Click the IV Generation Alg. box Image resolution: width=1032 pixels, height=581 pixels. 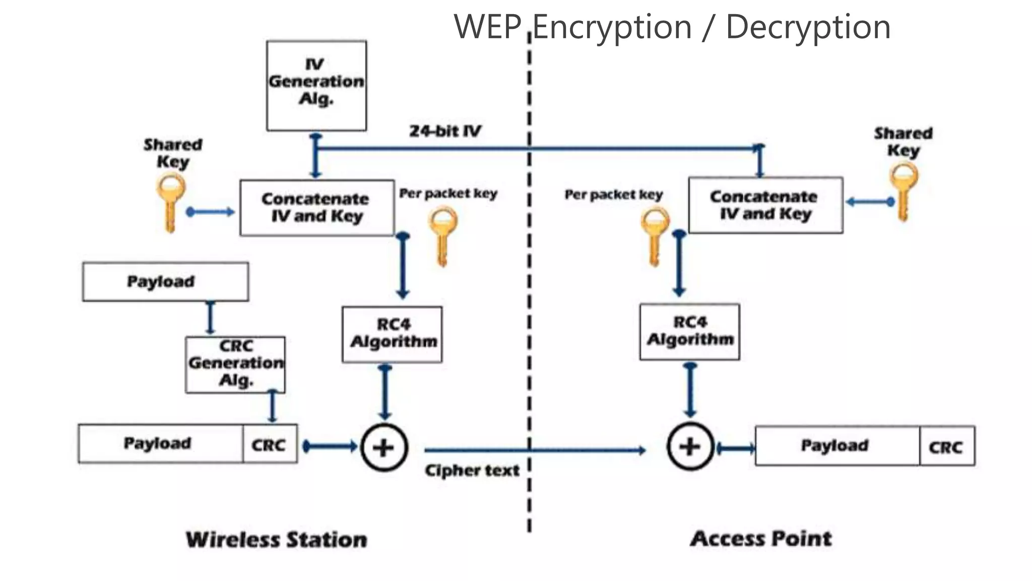click(316, 86)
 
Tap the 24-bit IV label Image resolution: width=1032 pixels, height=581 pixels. click(445, 131)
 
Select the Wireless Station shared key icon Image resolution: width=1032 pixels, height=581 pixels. click(171, 202)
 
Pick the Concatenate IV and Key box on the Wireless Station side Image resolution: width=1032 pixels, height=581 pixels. click(316, 208)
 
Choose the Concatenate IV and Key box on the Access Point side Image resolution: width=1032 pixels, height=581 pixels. click(765, 205)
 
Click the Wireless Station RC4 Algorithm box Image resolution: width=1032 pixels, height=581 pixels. click(392, 334)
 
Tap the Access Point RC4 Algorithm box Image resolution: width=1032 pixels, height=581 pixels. click(689, 331)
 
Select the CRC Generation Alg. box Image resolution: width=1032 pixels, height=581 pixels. click(235, 364)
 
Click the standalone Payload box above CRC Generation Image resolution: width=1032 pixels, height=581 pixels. click(165, 281)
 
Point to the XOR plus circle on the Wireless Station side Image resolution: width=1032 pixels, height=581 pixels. click(384, 447)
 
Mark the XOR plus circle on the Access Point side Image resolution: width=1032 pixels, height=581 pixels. click(690, 446)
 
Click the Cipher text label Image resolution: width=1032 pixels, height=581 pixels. click(472, 470)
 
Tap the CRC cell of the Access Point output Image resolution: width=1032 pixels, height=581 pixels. click(946, 446)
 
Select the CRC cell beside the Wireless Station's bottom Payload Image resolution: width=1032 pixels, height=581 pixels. click(269, 444)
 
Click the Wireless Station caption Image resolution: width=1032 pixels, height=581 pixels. click(276, 540)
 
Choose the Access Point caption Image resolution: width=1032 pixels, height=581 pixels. click(761, 539)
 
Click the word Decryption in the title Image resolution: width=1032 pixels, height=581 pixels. click(808, 27)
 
